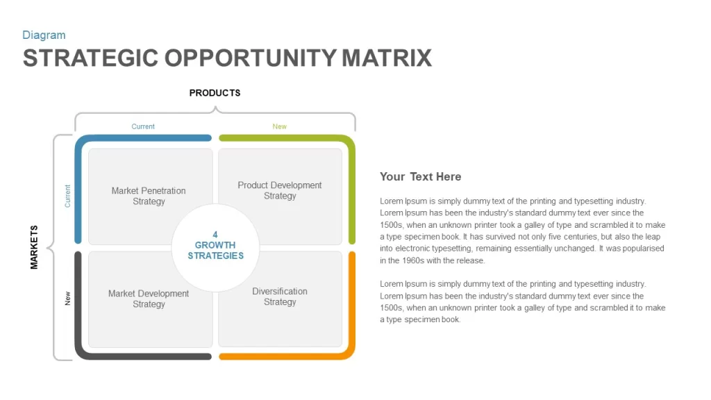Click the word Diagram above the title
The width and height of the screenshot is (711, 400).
coord(44,35)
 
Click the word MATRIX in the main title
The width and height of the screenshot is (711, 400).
coord(386,58)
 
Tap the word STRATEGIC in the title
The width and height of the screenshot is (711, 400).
coord(90,58)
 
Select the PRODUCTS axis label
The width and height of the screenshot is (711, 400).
coord(215,93)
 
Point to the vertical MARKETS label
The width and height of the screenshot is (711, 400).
coord(34,247)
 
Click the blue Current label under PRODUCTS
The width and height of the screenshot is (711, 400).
coord(143,126)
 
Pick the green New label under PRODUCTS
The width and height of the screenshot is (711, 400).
coord(279,126)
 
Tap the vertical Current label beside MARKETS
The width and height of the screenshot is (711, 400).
coord(67,196)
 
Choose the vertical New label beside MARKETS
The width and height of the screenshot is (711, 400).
coord(67,298)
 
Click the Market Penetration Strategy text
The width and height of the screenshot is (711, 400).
coord(149,196)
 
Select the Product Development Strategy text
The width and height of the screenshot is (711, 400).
coord(280,190)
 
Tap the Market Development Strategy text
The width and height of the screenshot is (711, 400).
coord(149,299)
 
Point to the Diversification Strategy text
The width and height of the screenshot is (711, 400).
coord(280,297)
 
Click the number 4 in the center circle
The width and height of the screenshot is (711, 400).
coord(215,235)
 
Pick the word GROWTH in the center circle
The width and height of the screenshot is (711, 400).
coord(215,245)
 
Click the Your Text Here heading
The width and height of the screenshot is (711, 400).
coord(420,177)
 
